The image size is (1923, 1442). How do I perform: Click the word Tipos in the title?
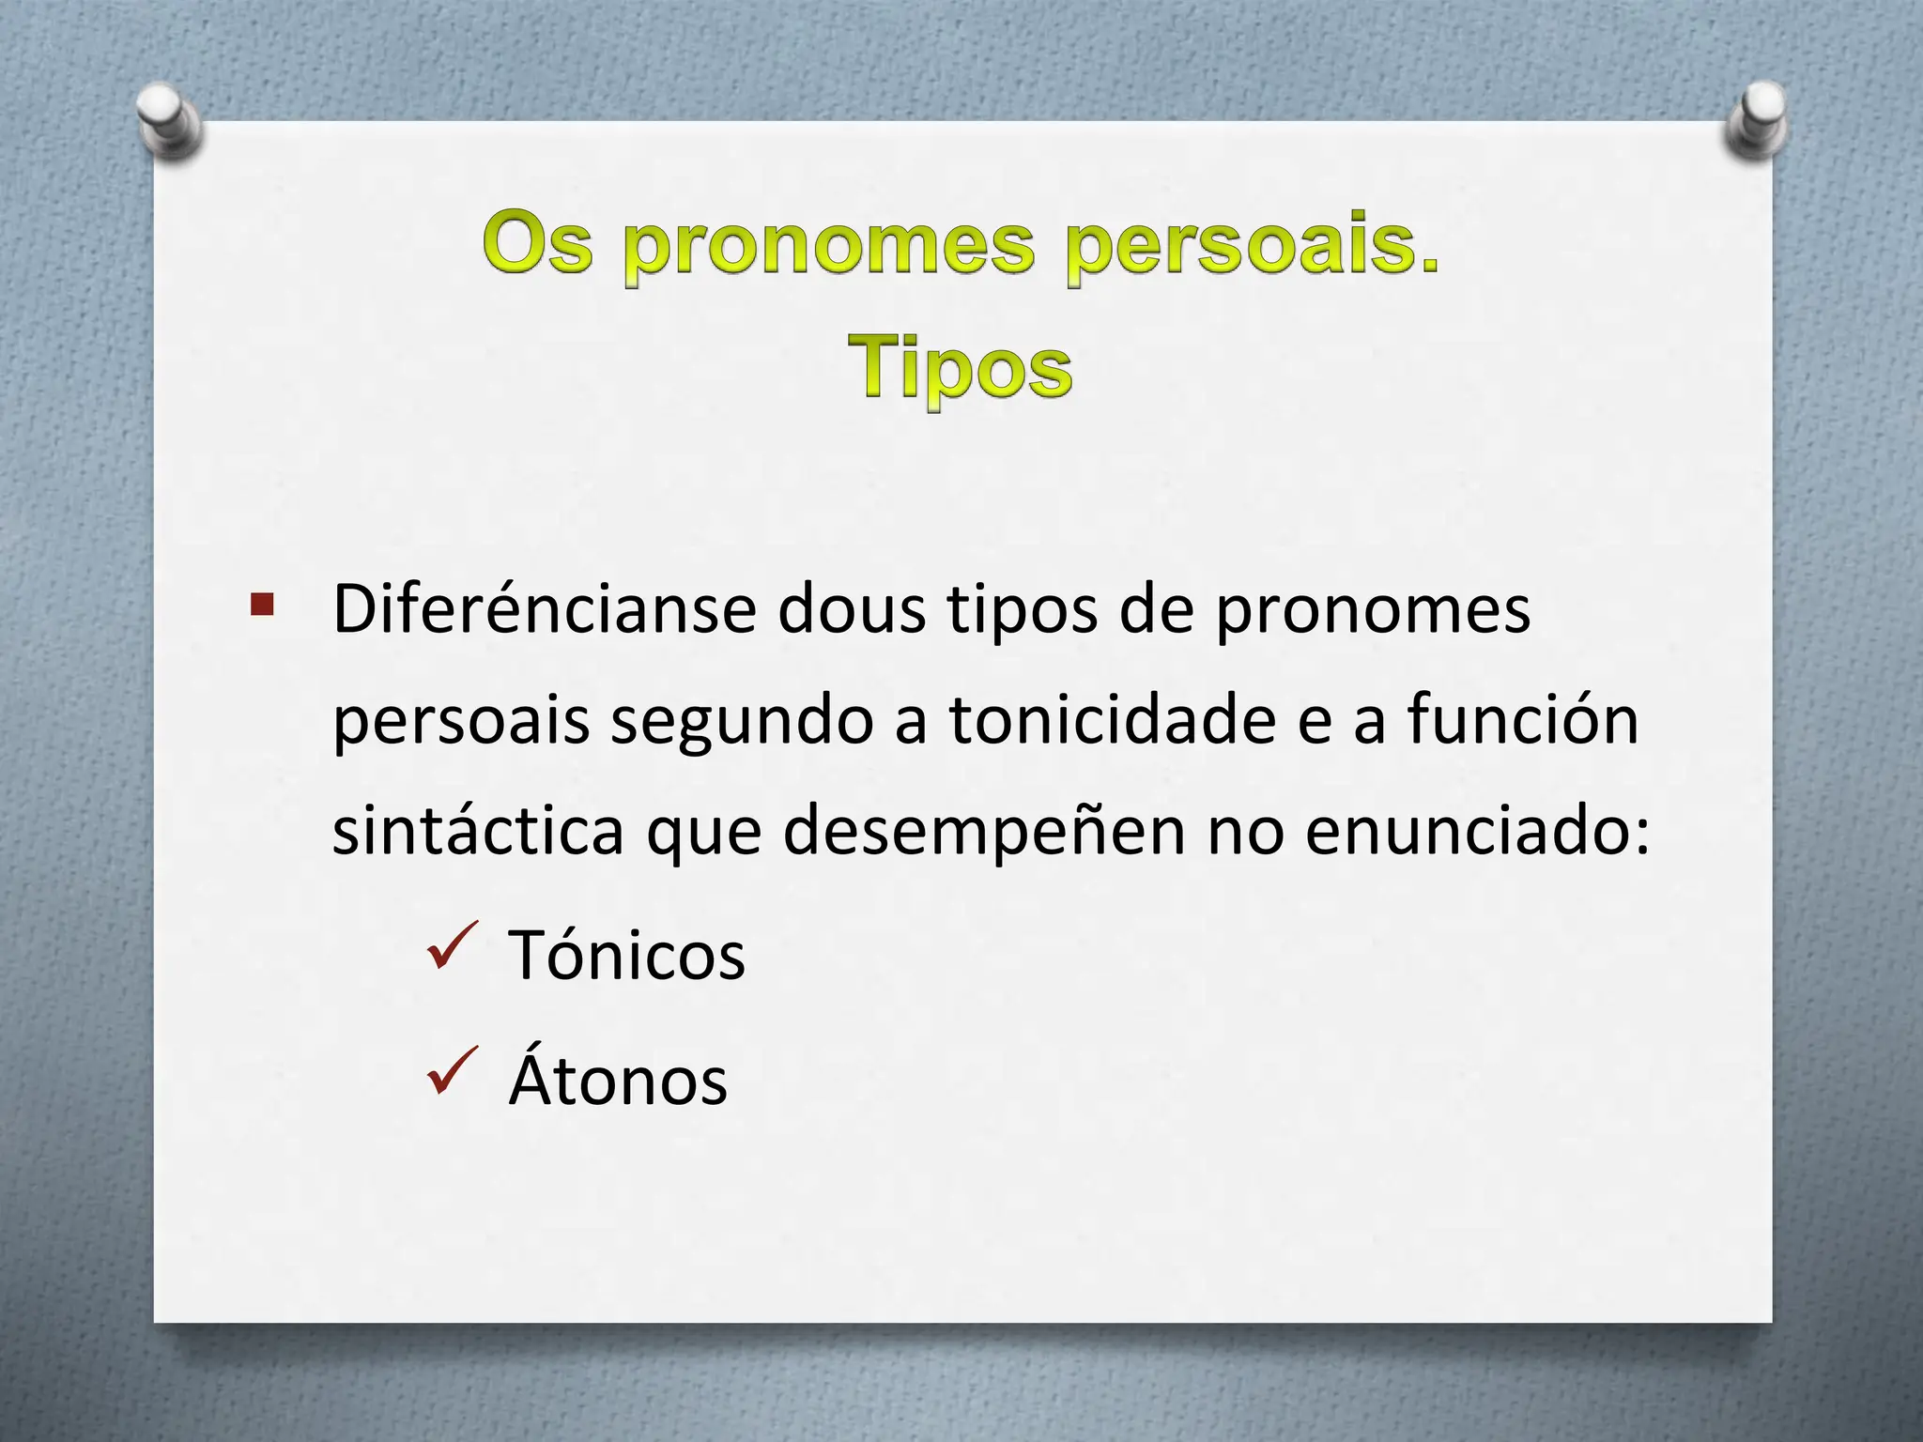tap(959, 369)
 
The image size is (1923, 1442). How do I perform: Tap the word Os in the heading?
tap(539, 244)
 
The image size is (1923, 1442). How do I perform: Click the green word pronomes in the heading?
tap(829, 246)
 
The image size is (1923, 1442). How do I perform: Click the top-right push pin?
tap(1757, 120)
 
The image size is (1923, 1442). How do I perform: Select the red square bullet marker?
tap(262, 604)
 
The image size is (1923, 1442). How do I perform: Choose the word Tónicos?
tap(626, 955)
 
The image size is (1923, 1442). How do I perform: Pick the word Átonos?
tap(618, 1080)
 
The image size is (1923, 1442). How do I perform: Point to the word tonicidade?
tap(1112, 720)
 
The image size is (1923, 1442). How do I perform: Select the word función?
tap(1522, 720)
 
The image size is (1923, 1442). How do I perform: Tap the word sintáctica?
tap(478, 830)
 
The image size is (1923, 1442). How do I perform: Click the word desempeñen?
tap(983, 832)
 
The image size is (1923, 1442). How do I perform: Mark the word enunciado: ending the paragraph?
tap(1476, 830)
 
